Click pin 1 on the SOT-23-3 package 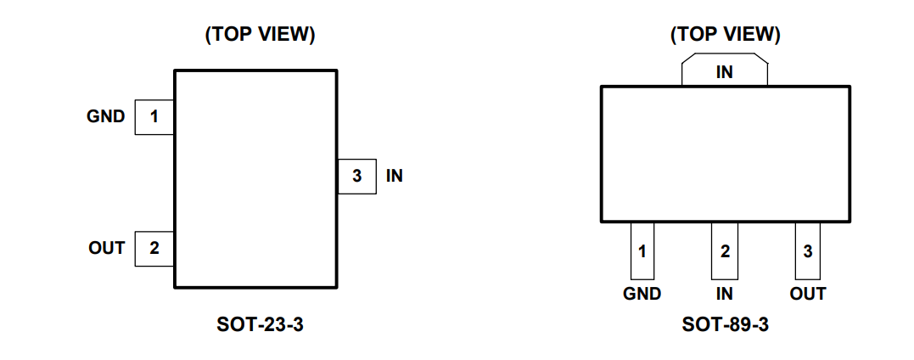154,117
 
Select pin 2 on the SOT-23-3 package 154,249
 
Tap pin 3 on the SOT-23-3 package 356,177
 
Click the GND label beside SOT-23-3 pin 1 106,116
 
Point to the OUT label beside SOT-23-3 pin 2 107,248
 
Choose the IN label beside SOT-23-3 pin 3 395,177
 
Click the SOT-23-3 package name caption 260,324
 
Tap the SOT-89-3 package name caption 725,324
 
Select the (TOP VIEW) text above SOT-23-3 260,35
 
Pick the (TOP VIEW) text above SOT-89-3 725,35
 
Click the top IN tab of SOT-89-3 725,71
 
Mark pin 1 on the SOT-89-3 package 642,251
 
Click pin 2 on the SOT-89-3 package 725,251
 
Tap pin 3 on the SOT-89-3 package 807,251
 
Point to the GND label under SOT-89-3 642,294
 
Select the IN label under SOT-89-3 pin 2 725,294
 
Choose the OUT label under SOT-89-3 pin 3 807,294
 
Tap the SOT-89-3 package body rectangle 725,154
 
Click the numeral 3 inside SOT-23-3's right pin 356,177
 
